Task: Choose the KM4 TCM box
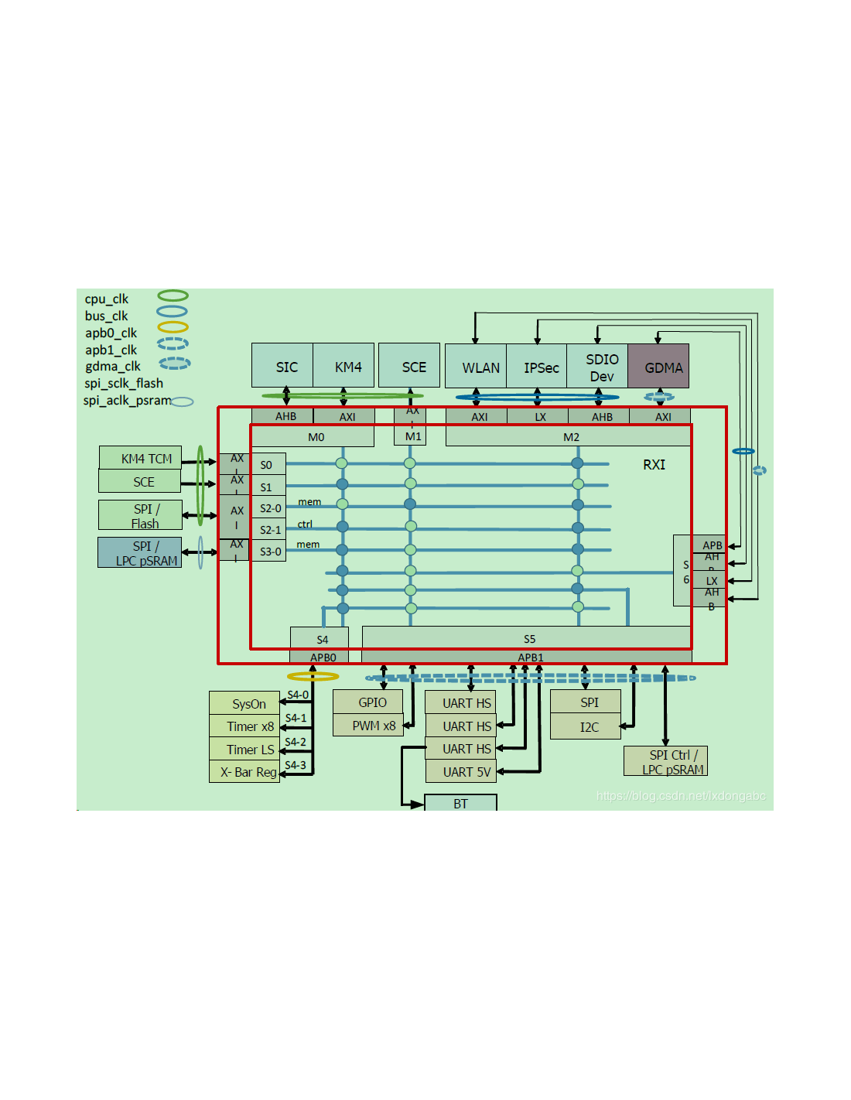point(141,458)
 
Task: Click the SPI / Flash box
point(141,515)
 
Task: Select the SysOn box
point(244,703)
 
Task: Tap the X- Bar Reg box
point(244,772)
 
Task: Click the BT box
point(460,803)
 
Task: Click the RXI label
point(654,464)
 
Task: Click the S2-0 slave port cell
point(269,508)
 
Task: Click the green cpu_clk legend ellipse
point(173,295)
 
